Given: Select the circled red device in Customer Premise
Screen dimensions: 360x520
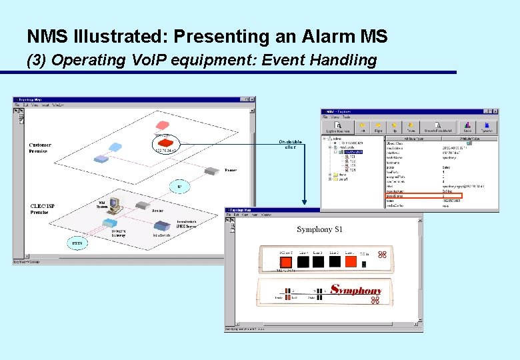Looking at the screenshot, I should click(x=164, y=143).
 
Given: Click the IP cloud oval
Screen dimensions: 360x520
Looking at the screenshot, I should click(x=179, y=187).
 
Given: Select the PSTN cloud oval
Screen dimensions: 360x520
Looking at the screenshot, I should click(x=77, y=243).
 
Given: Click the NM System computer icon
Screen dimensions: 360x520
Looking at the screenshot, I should click(x=113, y=205).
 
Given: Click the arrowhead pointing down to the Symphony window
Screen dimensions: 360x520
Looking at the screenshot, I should click(x=305, y=203).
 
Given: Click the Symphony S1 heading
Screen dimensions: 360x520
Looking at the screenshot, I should click(x=319, y=230).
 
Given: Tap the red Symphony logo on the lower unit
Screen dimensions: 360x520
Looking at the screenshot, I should click(x=357, y=291).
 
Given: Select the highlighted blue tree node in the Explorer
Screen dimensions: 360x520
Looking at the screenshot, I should click(x=354, y=152).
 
